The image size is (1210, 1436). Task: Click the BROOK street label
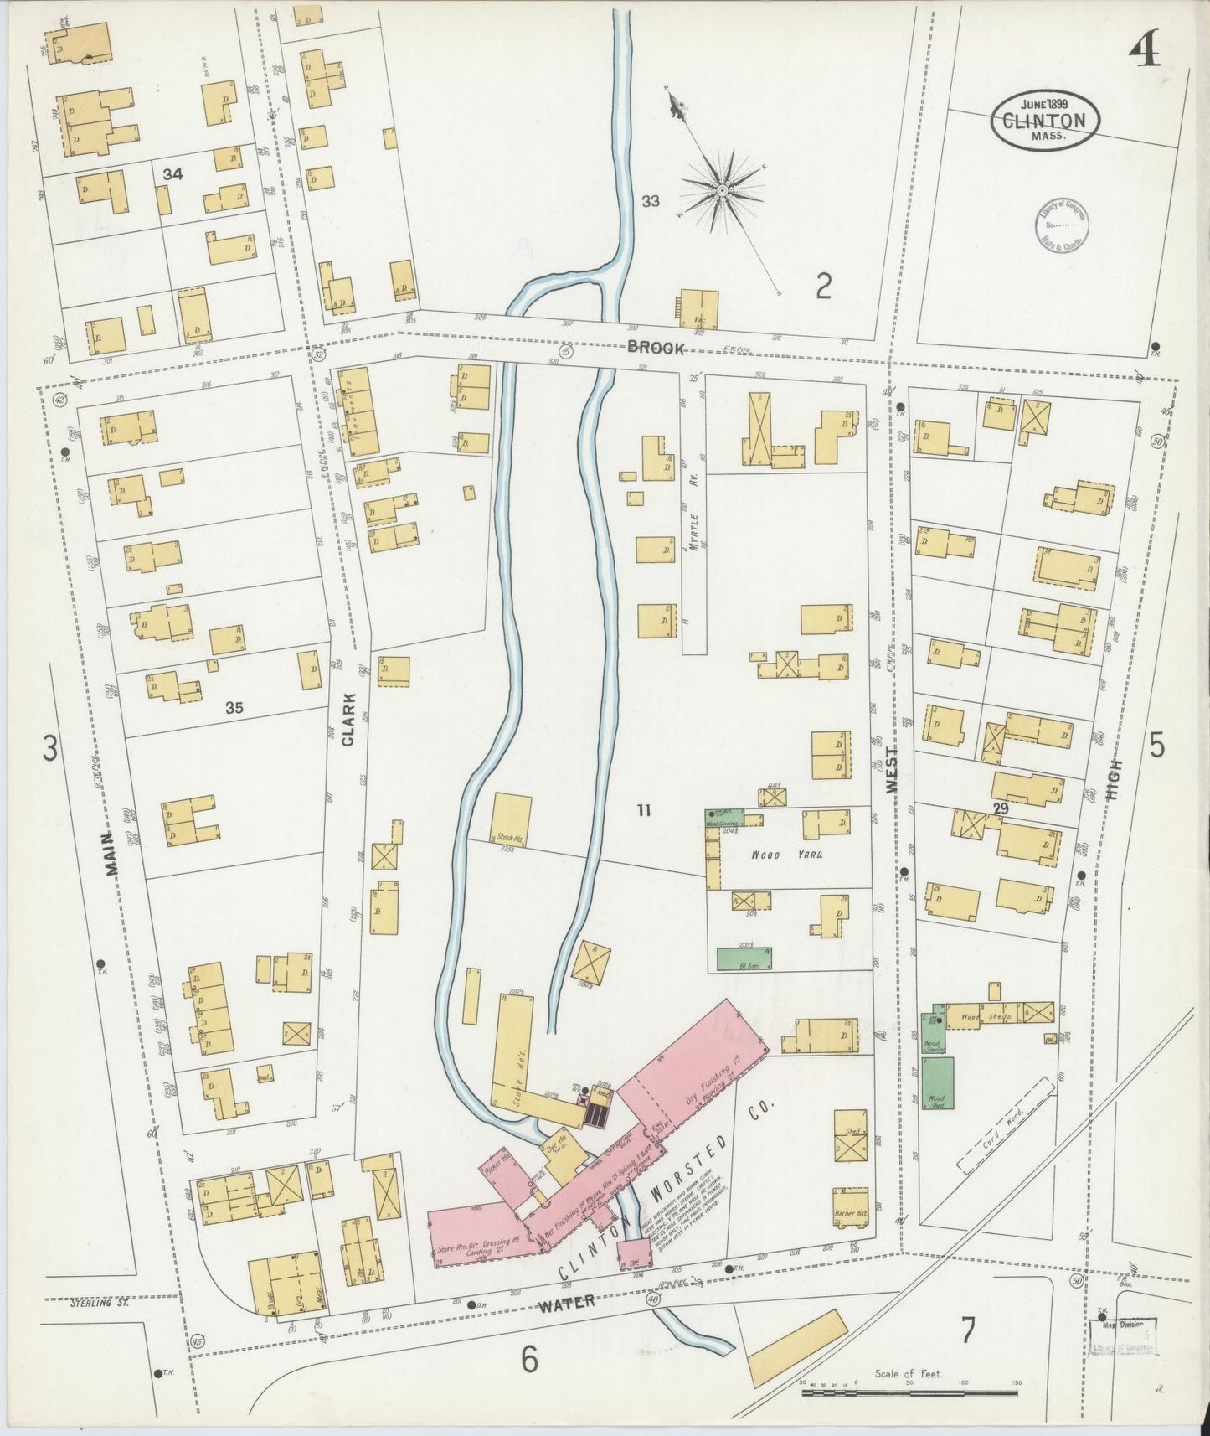[655, 349]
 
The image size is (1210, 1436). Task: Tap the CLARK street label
[348, 720]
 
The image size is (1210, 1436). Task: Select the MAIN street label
[112, 858]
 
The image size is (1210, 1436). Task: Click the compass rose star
[721, 192]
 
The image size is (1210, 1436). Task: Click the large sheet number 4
[1143, 52]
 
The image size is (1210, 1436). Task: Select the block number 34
[173, 174]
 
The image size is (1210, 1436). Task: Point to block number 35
[234, 708]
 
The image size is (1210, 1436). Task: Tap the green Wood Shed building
[938, 1083]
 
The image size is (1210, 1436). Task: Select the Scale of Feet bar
[909, 1394]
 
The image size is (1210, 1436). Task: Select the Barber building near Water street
[850, 1206]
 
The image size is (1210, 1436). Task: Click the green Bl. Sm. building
[744, 958]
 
